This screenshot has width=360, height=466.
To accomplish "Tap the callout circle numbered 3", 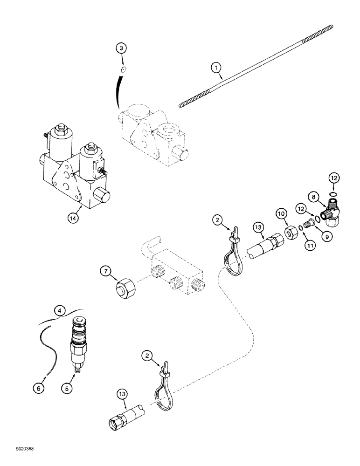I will (x=121, y=48).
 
